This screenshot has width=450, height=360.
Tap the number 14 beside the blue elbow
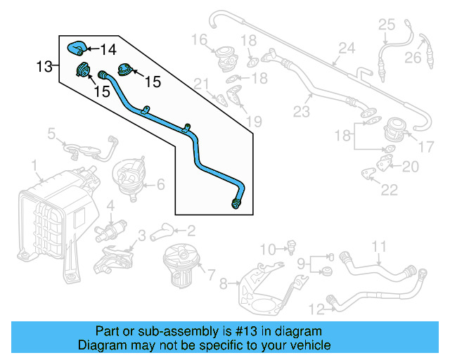point(108,49)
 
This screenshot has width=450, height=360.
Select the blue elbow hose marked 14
point(75,48)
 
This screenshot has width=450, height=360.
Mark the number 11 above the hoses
point(379,246)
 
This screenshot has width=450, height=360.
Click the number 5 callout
point(51,132)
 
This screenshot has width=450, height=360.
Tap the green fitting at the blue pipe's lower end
point(236,204)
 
